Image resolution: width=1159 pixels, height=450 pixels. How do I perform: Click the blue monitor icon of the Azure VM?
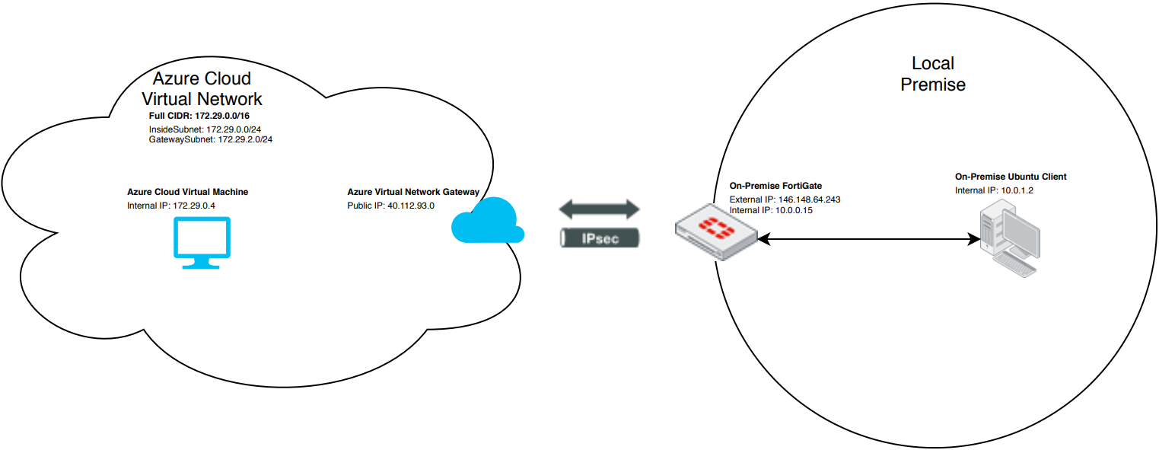[202, 242]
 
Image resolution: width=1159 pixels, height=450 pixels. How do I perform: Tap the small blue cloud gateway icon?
[488, 221]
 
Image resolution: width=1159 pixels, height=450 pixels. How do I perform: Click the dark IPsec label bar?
[600, 238]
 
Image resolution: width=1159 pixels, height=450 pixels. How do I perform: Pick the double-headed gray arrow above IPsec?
[600, 208]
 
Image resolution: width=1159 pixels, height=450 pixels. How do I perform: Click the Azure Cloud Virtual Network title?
[202, 89]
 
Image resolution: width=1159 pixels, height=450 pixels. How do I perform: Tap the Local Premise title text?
[933, 74]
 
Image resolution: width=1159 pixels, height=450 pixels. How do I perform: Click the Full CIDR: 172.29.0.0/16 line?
[199, 116]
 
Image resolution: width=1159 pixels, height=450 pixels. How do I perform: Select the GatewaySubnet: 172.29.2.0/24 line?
[210, 140]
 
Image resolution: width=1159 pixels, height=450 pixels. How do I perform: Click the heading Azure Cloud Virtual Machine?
[187, 192]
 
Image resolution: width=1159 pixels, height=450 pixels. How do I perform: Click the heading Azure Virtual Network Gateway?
[413, 192]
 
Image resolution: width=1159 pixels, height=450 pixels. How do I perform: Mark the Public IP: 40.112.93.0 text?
[390, 206]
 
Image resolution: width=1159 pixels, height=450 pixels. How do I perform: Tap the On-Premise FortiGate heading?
[775, 186]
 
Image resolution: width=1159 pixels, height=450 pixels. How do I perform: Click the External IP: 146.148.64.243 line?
[785, 199]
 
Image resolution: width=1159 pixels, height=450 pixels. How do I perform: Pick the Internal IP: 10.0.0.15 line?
[771, 210]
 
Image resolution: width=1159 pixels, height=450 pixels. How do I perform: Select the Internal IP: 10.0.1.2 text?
[994, 190]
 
